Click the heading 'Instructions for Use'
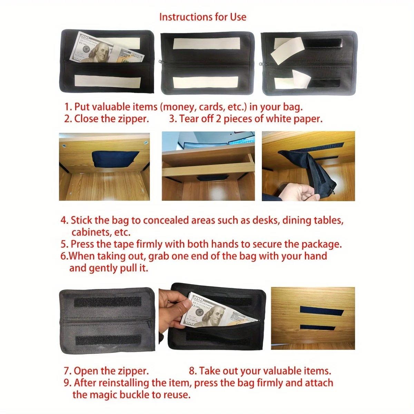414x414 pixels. (203, 17)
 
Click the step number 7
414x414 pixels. (67, 371)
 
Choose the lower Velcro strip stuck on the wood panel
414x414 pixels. (317, 328)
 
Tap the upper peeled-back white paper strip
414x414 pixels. (287, 51)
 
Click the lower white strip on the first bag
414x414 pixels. (108, 81)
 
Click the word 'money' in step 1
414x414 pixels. (179, 107)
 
